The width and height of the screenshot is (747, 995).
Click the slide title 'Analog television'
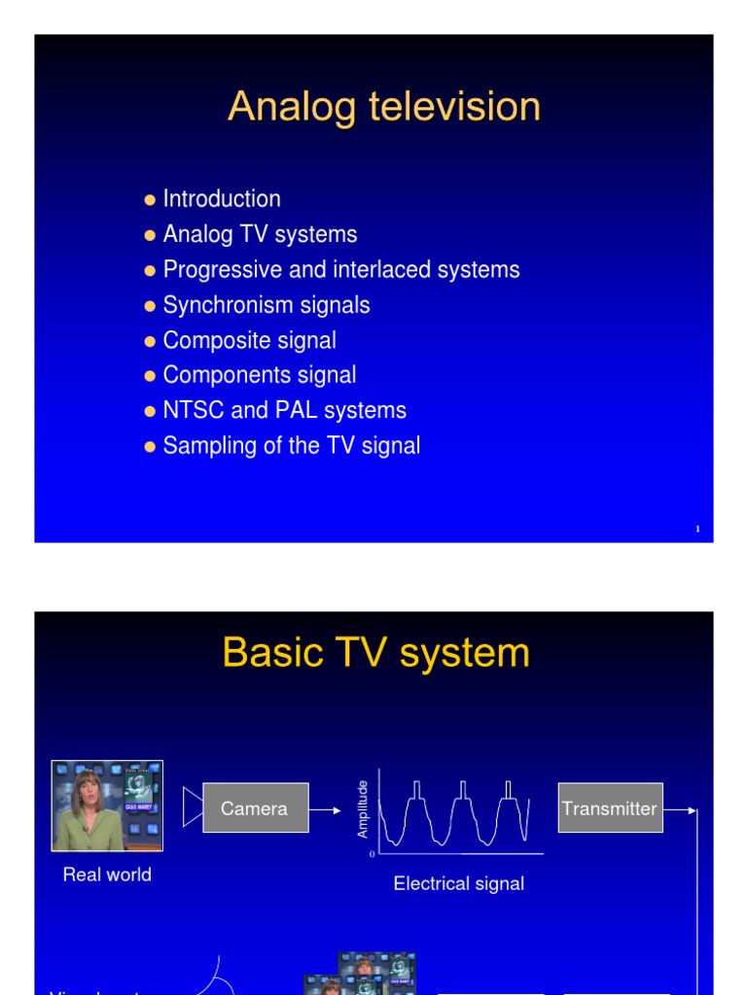click(x=383, y=107)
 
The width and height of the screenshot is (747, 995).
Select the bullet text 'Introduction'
click(x=222, y=199)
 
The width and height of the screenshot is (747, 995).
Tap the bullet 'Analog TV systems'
click(x=260, y=234)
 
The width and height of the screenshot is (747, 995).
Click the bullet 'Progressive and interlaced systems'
click(x=340, y=270)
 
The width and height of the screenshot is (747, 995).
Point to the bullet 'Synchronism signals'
click(x=267, y=305)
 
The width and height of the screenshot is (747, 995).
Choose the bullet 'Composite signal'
click(x=249, y=340)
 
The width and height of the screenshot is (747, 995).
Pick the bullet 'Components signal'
click(x=260, y=375)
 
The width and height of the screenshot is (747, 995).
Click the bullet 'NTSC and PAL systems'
click(x=284, y=410)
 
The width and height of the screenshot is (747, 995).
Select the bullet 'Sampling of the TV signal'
click(x=291, y=446)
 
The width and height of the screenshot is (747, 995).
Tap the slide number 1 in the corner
click(x=698, y=530)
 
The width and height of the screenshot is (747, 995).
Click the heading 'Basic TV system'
click(x=375, y=653)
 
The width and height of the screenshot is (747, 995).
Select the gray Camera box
click(x=255, y=808)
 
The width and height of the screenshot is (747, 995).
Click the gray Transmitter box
click(x=610, y=808)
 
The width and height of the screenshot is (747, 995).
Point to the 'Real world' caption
click(x=107, y=875)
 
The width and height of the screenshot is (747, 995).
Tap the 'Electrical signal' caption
click(x=458, y=883)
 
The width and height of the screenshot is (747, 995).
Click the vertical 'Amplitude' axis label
click(x=363, y=808)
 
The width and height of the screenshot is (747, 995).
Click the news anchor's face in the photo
click(x=88, y=788)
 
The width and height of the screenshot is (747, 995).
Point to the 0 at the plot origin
click(x=372, y=854)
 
